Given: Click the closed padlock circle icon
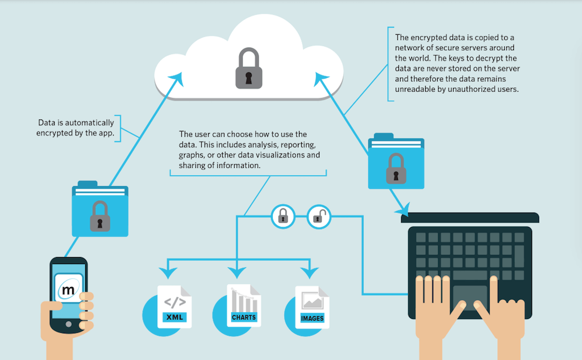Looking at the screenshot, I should tap(283, 216).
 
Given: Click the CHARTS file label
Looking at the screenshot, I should tap(243, 317).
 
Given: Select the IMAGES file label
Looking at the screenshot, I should tap(312, 318).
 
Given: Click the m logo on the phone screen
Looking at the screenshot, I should tap(68, 291).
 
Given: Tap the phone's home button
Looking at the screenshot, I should tap(69, 324).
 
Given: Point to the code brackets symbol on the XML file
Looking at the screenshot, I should tap(173, 302).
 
